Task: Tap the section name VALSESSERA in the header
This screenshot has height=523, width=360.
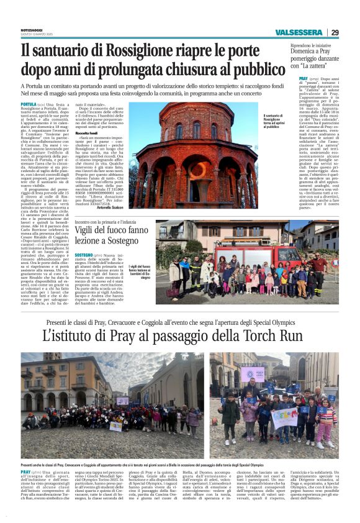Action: click(299, 32)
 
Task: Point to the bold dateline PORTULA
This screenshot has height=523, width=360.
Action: click(29, 104)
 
